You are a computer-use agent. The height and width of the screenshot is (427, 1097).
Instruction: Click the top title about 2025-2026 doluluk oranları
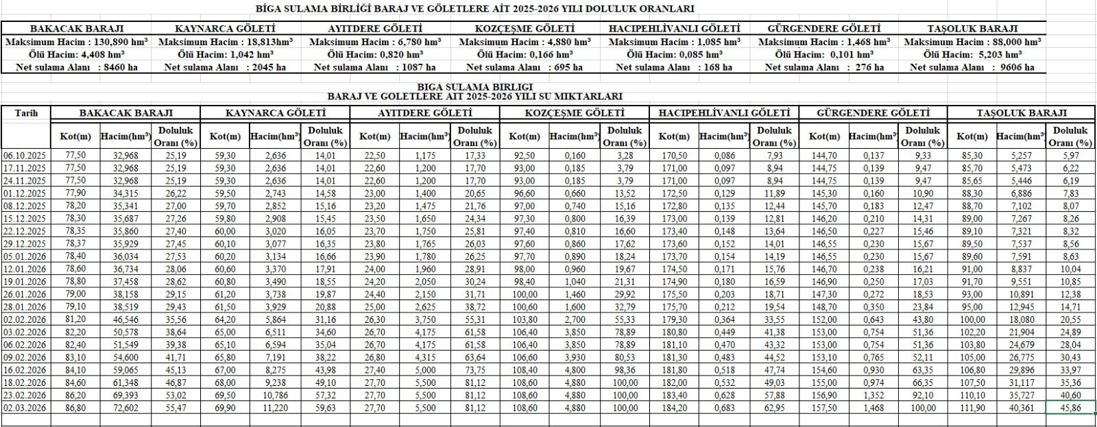474,9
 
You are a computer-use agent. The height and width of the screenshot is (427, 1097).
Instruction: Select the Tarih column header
26,113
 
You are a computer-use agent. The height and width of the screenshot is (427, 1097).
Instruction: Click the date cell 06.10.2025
25,156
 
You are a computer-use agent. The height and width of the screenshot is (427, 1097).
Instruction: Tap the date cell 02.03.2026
25,407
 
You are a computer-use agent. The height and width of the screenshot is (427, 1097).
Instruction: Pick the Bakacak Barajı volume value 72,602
125,407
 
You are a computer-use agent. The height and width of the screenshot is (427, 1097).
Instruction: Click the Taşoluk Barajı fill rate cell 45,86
1070,407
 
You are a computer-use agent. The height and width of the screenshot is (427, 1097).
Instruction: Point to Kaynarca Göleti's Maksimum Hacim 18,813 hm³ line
225,42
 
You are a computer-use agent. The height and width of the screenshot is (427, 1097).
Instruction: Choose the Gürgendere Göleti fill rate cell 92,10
923,395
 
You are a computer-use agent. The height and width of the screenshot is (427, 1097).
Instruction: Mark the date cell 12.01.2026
25,269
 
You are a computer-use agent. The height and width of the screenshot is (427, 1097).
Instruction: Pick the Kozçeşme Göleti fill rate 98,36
624,369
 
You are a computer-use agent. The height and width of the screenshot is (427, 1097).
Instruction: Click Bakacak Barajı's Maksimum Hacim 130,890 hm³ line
76,42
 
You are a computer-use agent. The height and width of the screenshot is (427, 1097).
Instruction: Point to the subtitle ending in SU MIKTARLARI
474,97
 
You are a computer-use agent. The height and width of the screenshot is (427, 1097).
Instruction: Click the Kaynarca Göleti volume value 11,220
274,407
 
